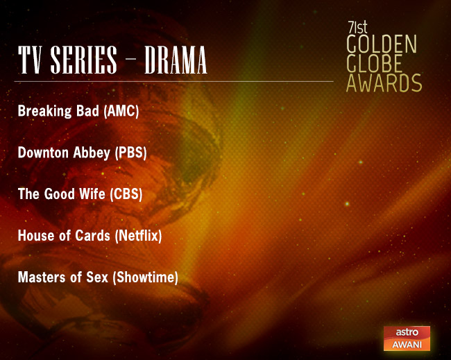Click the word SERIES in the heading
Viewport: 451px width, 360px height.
pos(80,62)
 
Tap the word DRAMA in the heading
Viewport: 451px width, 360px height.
pos(176,62)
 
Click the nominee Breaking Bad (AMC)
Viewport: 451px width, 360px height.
pos(78,111)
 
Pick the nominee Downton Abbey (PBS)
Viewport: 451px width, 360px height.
pos(82,153)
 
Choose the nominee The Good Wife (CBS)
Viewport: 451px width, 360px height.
pos(80,194)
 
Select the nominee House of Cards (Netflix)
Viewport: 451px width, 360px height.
pos(90,236)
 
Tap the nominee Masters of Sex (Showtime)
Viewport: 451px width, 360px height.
pos(98,277)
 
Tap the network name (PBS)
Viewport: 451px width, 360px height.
pos(130,153)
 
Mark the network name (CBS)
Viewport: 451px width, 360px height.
pos(126,194)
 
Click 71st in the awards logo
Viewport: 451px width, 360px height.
pos(357,29)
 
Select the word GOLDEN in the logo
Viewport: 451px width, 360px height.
pos(381,46)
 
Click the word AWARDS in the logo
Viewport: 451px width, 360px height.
pos(384,83)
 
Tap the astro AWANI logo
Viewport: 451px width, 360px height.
pos(407,338)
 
